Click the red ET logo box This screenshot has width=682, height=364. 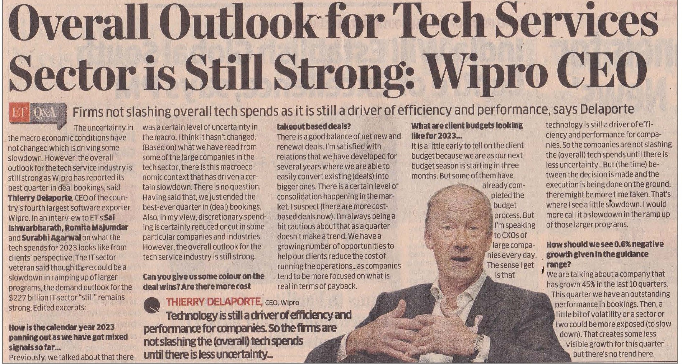[20, 113]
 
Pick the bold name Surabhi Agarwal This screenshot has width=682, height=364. [51, 238]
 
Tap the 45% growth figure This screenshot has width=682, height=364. [596, 284]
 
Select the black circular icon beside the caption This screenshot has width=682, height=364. [152, 305]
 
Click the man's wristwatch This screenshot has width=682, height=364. [478, 343]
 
